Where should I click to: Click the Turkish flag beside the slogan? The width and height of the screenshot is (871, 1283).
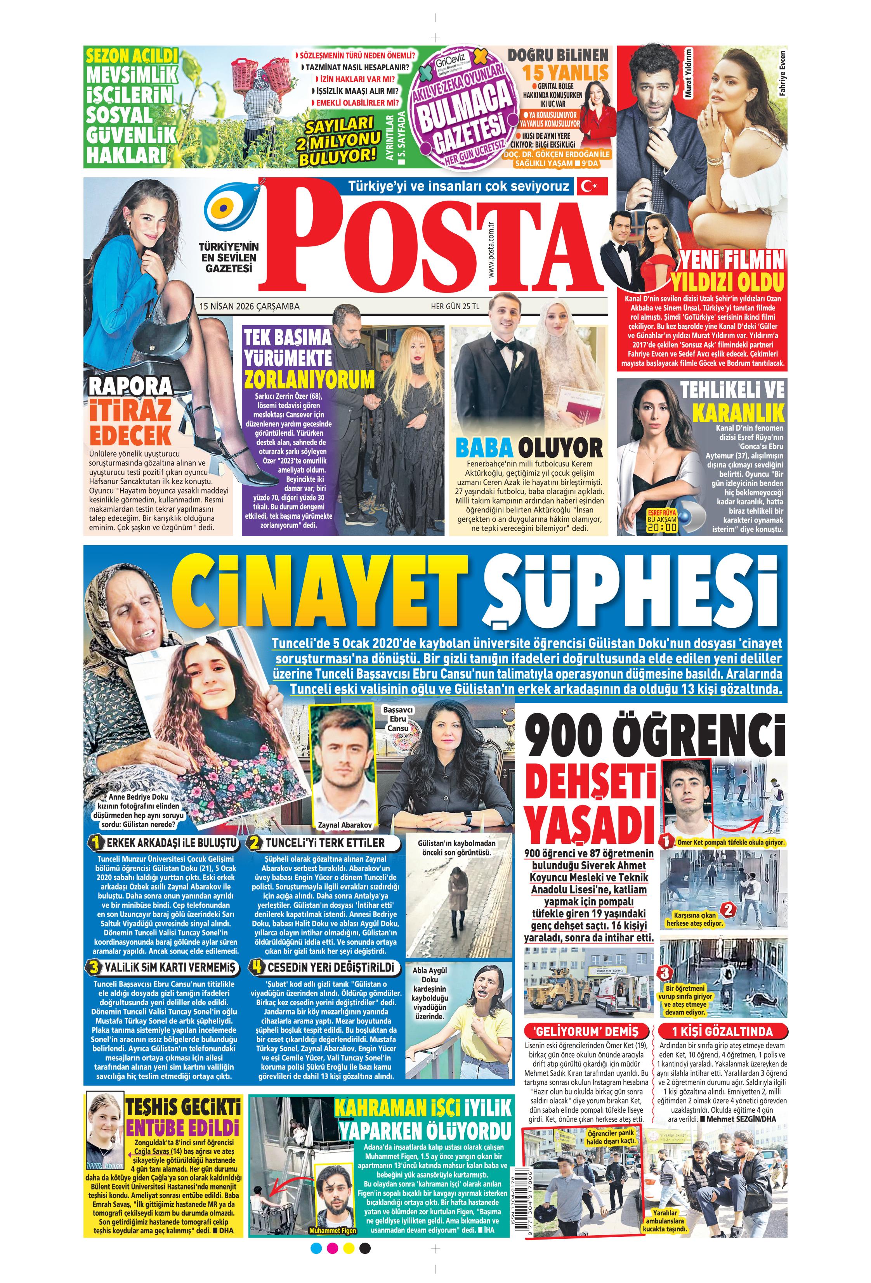coord(592,186)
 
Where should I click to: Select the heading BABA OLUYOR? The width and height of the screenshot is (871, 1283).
coord(529,448)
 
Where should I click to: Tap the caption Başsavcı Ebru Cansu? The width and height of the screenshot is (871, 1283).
coord(398,719)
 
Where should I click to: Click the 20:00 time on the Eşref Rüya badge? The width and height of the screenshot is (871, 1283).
coord(662,527)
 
